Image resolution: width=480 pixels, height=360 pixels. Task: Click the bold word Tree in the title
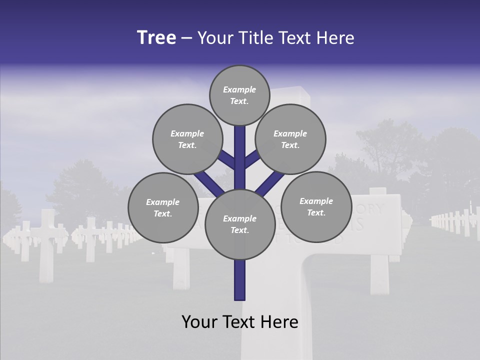click(x=156, y=37)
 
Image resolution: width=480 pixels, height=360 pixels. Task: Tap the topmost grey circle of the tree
click(x=239, y=95)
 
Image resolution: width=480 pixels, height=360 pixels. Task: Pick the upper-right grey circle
click(x=290, y=139)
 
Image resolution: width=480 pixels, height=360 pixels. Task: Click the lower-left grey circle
click(x=162, y=207)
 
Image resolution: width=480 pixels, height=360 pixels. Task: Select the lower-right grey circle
click(x=316, y=206)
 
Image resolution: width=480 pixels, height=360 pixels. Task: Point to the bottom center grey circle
click(x=239, y=224)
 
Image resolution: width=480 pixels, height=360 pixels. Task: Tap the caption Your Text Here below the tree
click(x=239, y=321)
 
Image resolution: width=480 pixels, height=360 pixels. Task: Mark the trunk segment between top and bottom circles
click(x=239, y=157)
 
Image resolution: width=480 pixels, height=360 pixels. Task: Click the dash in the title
click(x=186, y=38)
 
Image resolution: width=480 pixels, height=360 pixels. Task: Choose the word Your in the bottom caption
click(x=200, y=321)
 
